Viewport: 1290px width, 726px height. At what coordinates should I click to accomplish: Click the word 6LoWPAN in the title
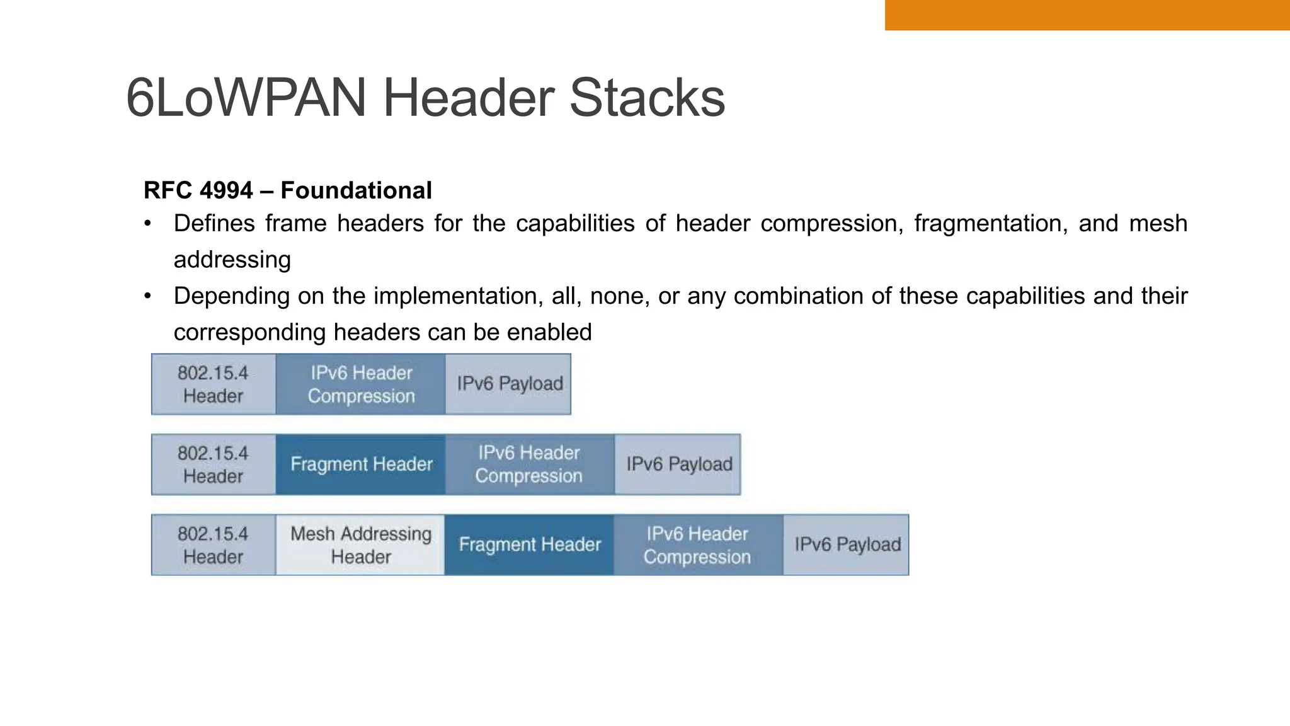[x=246, y=98]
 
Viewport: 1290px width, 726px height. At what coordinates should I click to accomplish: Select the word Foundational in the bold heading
[x=356, y=190]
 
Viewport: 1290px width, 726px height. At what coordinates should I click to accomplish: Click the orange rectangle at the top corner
[x=1087, y=14]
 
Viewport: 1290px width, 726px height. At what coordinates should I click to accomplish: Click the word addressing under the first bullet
[x=232, y=260]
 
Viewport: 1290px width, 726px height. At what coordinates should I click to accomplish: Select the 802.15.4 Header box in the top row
[x=214, y=384]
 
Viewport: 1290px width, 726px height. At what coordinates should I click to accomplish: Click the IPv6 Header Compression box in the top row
[x=361, y=384]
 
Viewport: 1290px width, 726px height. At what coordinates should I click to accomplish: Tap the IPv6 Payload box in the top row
[x=509, y=384]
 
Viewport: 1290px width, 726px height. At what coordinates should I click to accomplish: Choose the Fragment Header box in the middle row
[x=361, y=464]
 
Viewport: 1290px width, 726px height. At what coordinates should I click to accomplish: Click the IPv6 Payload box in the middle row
[x=678, y=464]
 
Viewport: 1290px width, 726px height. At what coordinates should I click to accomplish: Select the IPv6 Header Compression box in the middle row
[x=529, y=464]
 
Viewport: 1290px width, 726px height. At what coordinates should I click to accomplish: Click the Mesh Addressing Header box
[x=361, y=545]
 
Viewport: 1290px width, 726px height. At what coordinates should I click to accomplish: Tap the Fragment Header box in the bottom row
[x=529, y=545]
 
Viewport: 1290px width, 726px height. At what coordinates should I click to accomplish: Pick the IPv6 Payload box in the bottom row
[x=847, y=545]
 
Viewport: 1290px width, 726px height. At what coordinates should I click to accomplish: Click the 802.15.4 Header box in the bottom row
[x=214, y=545]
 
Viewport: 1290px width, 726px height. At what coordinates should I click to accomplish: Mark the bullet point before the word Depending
[x=147, y=296]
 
